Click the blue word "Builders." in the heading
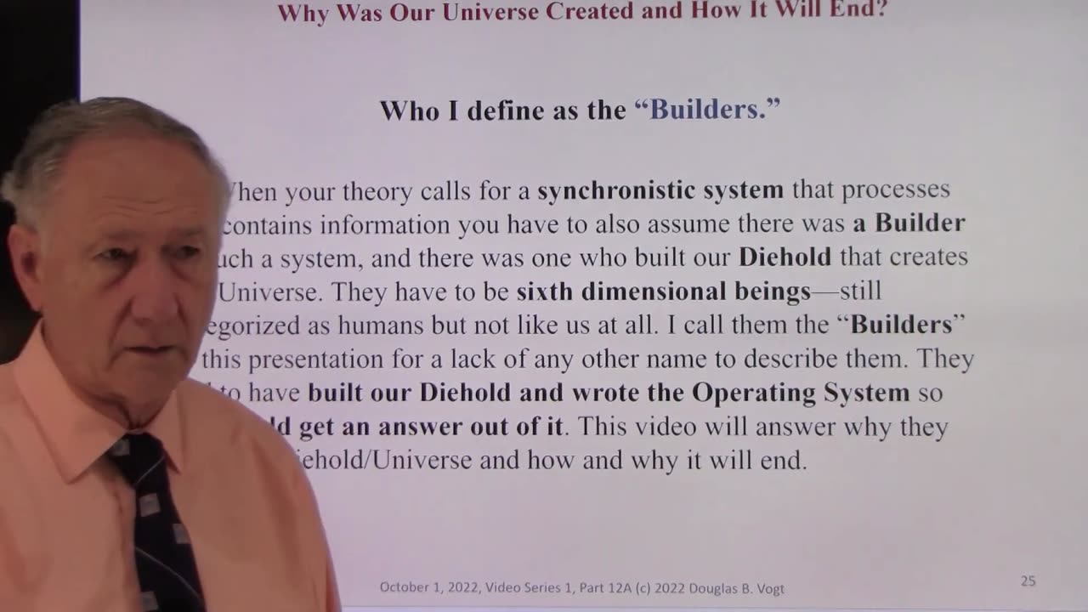(707, 110)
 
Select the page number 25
(1028, 581)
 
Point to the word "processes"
(896, 190)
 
